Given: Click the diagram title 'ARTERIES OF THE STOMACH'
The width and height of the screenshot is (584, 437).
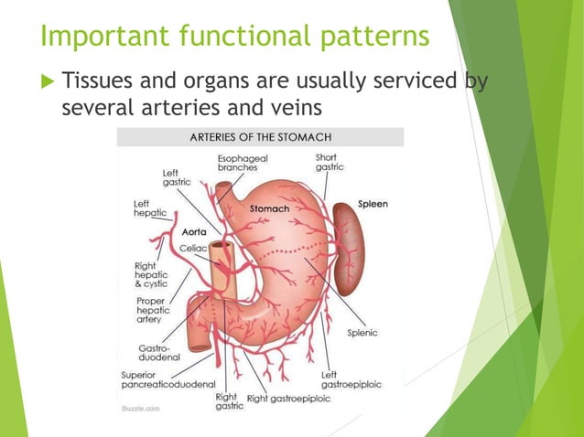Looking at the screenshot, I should point(261,138).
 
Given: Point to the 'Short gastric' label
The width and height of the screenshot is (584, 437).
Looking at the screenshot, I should point(330,162).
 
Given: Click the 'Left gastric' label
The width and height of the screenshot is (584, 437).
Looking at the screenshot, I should point(176,177).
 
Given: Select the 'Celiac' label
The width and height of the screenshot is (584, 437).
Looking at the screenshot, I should point(193,247).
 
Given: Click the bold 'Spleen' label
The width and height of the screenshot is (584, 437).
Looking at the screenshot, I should point(373,204).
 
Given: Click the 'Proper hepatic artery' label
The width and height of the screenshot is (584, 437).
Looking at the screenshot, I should point(151,311).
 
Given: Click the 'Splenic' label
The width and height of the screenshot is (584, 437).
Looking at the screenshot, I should point(362,333).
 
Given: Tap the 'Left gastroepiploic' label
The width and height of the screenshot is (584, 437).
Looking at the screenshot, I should point(351,379).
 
